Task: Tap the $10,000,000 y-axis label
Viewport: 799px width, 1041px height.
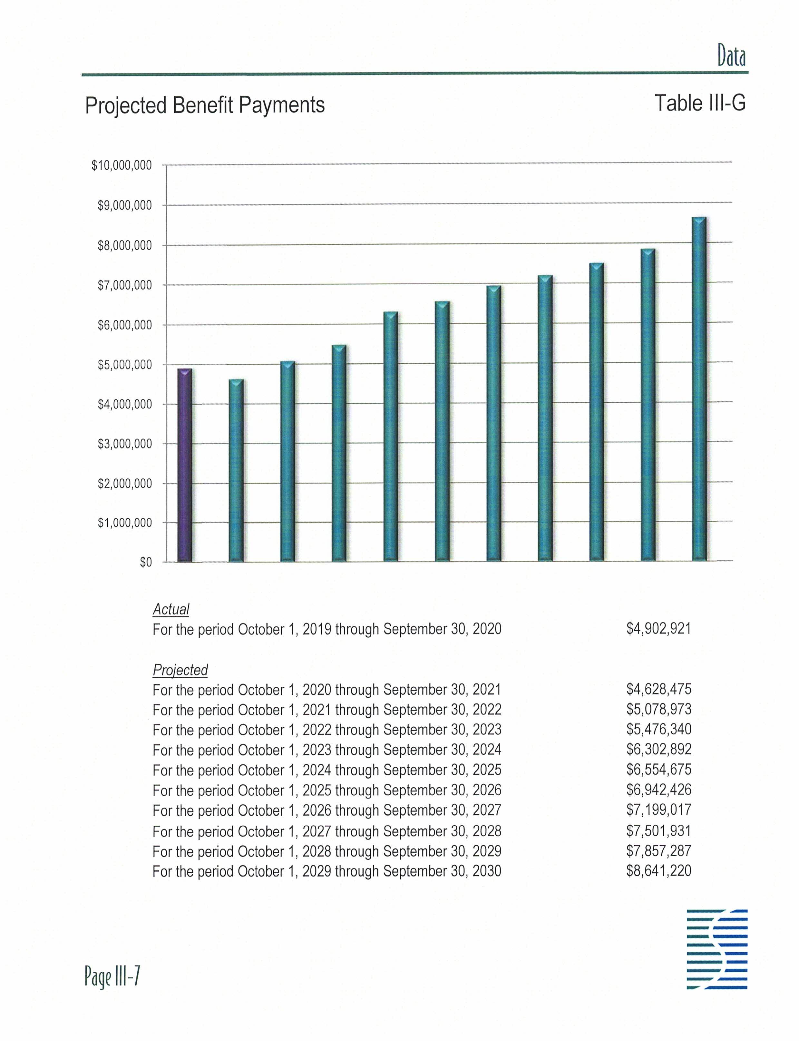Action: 122,166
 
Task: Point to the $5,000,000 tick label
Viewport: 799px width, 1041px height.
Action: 125,365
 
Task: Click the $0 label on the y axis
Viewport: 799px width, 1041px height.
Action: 146,562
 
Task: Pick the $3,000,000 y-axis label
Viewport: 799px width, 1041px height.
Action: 125,444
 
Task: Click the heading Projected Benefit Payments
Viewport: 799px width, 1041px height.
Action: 205,105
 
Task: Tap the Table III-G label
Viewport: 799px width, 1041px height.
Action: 700,103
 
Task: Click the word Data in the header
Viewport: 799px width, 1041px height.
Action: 731,57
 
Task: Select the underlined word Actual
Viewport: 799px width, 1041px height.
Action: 171,609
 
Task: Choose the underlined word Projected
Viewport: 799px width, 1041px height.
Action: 180,670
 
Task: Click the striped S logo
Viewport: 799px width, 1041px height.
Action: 717,949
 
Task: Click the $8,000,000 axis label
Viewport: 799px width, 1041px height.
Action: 125,246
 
